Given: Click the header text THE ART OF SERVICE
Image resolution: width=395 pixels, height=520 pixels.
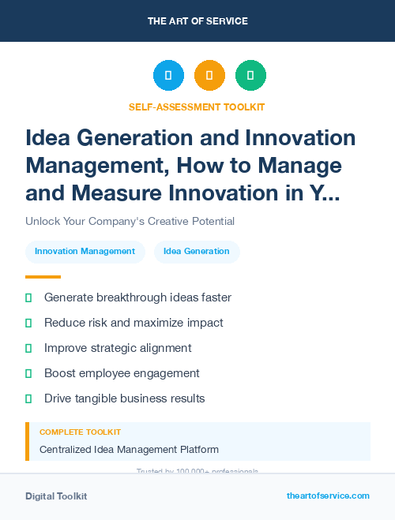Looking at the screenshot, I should pos(197,21).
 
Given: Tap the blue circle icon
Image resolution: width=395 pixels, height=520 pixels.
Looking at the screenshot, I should pos(168,76).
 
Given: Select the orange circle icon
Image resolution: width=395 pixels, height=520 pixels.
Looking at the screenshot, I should pos(209,76).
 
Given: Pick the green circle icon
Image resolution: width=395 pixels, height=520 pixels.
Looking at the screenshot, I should pos(250,76).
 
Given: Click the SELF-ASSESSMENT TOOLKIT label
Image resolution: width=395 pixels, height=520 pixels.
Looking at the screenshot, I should pos(197,107).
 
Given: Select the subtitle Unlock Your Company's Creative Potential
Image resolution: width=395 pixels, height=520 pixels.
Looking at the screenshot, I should pos(130,221).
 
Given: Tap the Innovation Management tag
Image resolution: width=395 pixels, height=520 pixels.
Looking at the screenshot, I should pos(85,252).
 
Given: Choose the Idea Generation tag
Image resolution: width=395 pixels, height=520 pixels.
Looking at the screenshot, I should pos(197,252).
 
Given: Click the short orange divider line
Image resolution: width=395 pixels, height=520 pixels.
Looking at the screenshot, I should pos(43,277).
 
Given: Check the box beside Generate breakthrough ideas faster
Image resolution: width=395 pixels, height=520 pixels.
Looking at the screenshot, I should pos(28,297).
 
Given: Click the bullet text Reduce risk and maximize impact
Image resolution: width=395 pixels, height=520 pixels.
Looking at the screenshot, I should pos(134,323).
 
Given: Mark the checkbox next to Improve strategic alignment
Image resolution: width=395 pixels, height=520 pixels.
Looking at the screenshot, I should pos(28,348).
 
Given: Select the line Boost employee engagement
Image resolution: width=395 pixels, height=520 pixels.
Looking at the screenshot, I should pos(122,373).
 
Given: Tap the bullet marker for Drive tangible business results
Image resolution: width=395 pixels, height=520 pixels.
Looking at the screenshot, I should pos(28,398).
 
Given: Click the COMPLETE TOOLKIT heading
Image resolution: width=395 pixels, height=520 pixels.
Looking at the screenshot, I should pos(81,432).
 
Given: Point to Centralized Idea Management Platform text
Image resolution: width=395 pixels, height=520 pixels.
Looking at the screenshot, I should pos(129,450).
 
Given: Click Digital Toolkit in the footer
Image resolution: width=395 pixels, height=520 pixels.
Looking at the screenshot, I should pos(56,496).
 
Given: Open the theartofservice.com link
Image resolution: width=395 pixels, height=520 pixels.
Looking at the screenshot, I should pos(328,496).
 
